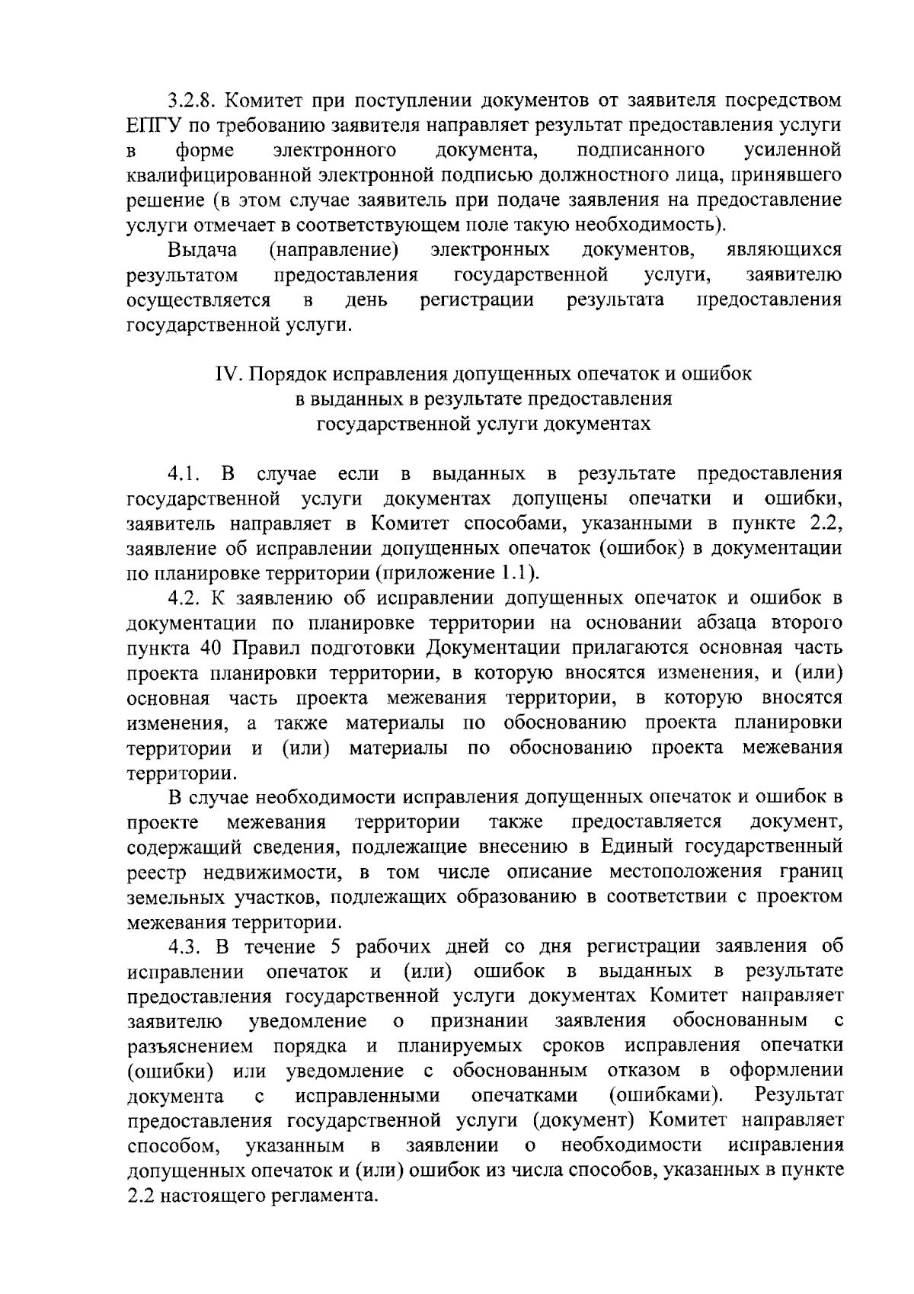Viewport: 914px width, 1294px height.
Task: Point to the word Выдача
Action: click(203, 250)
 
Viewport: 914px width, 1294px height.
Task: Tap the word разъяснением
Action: click(190, 1046)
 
